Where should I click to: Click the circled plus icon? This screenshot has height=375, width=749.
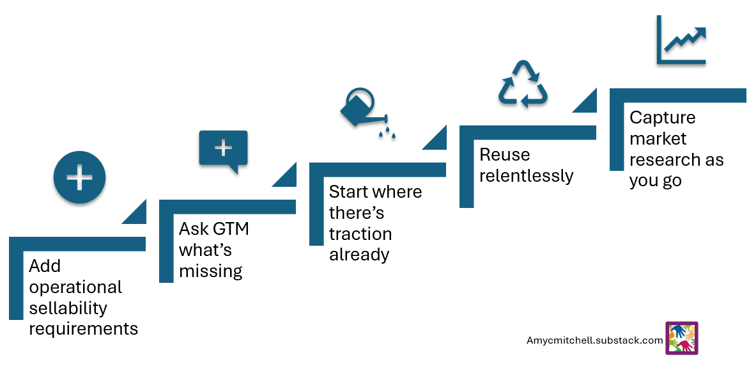coord(79,177)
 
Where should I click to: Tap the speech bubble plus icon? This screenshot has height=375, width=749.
coord(223,150)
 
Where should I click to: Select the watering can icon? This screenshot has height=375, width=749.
coord(362,109)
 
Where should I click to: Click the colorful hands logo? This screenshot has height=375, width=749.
coord(681,338)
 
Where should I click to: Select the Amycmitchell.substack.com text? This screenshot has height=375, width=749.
coord(594,340)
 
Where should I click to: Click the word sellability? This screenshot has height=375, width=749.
coord(68,308)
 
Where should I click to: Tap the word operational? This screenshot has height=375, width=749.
coord(75,287)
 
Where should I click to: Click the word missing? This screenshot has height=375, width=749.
coord(211,271)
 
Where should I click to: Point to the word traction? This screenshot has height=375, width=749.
coord(360,234)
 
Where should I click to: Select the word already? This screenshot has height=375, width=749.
coord(359,255)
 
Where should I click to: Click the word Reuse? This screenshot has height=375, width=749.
coord(505,155)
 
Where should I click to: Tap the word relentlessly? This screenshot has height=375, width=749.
coord(527,176)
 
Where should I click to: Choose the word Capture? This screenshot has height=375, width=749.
coord(662,118)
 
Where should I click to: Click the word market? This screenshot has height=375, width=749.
coord(658,139)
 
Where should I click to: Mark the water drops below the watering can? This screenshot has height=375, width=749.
coord(387,134)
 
